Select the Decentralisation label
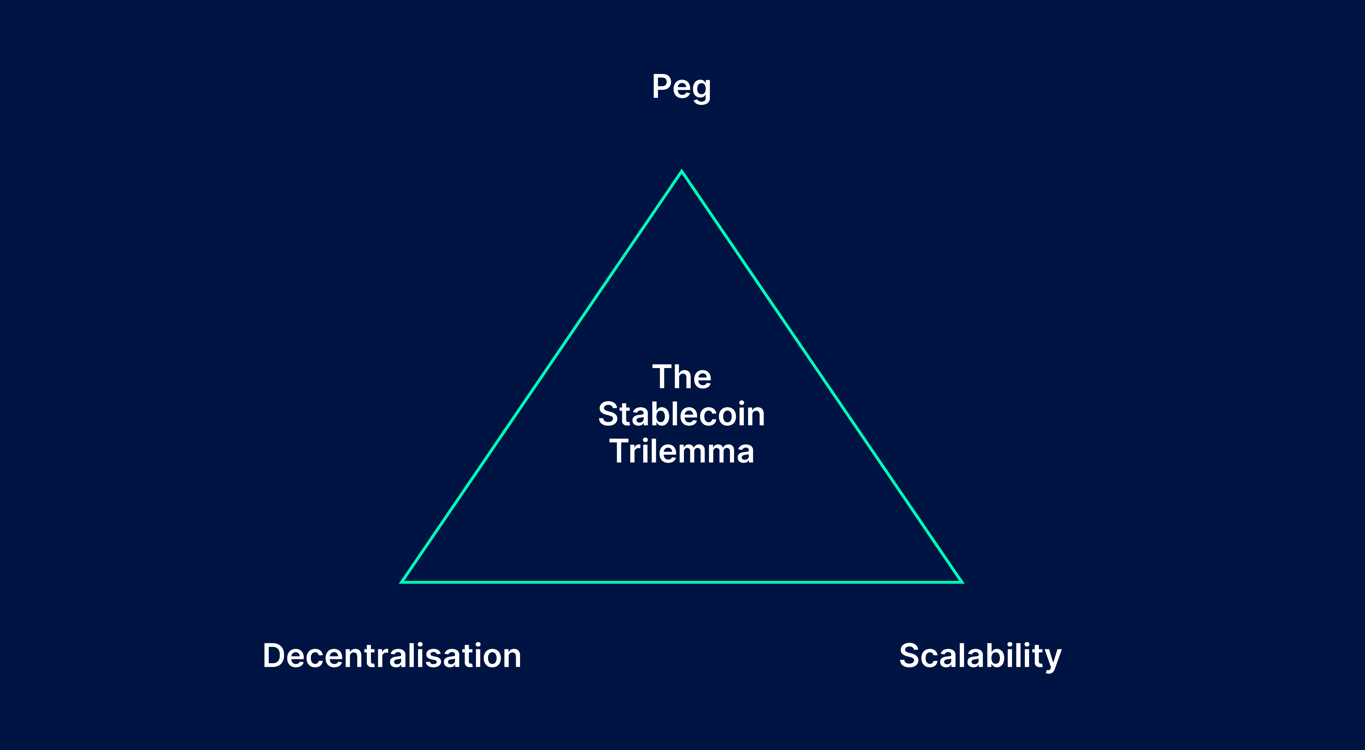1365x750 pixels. click(x=392, y=656)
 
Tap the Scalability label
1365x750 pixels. click(x=980, y=656)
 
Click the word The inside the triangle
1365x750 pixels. click(x=681, y=377)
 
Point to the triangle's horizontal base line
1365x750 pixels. click(x=681, y=582)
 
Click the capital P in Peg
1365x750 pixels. click(x=662, y=86)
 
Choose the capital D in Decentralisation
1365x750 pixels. click(x=275, y=656)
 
